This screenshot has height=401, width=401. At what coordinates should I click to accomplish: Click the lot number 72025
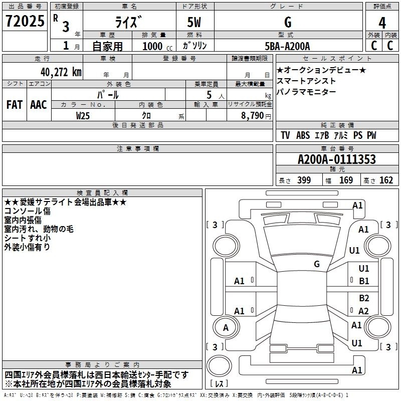[25, 21]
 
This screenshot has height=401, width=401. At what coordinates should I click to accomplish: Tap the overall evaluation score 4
[382, 23]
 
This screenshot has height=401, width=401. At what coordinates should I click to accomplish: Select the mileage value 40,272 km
[61, 72]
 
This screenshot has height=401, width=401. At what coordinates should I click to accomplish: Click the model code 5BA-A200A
[287, 46]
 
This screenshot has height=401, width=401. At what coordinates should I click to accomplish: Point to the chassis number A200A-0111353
[336, 159]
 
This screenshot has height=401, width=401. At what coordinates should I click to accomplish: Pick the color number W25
[83, 116]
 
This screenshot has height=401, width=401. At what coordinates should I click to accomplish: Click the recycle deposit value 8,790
[252, 115]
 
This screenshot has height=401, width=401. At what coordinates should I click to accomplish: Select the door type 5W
[194, 22]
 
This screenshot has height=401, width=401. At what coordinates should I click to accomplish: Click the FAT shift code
[15, 105]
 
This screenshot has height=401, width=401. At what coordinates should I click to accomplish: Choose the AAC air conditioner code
[39, 105]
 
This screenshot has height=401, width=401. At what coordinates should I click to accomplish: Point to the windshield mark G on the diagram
[317, 264]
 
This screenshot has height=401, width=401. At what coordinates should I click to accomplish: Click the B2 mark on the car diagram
[364, 298]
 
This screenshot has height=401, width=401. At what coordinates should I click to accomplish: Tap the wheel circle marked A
[226, 328]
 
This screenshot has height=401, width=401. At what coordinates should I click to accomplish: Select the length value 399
[304, 180]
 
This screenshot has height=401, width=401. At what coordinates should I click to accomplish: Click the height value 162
[386, 180]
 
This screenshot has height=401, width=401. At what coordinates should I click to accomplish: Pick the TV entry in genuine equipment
[285, 135]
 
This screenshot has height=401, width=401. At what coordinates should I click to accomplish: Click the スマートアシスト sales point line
[306, 81]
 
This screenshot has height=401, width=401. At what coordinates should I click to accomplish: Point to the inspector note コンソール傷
[28, 211]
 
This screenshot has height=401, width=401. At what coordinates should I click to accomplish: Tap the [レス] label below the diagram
[219, 383]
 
